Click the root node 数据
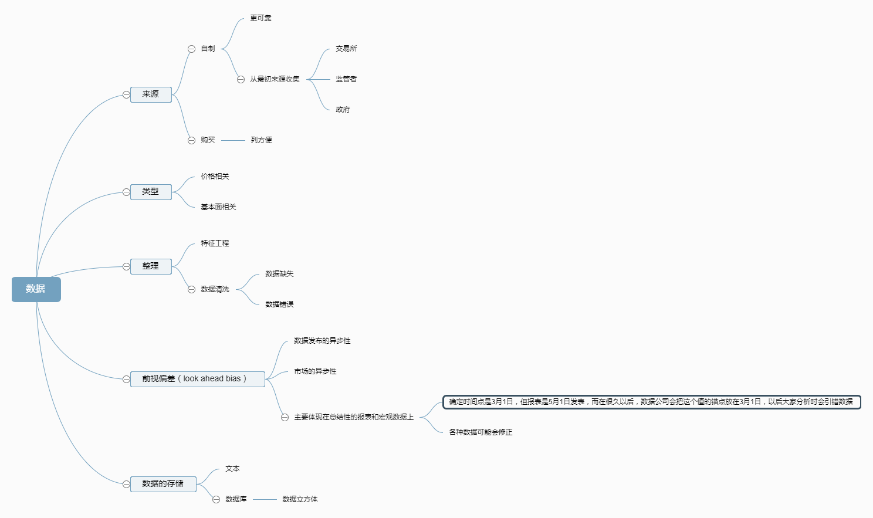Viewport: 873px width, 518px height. pyautogui.click(x=36, y=289)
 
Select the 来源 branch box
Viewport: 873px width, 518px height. pyautogui.click(x=151, y=94)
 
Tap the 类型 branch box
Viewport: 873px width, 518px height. pyautogui.click(x=151, y=191)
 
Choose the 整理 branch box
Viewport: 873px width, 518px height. pyautogui.click(x=151, y=266)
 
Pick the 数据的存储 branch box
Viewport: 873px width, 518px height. pyautogui.click(x=163, y=483)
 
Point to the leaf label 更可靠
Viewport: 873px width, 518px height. pyautogui.click(x=260, y=18)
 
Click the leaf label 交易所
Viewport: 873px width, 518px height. pyautogui.click(x=346, y=49)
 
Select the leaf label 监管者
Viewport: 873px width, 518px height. pyautogui.click(x=346, y=79)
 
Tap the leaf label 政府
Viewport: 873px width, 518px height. pyautogui.click(x=343, y=110)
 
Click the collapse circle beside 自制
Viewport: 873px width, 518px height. pyautogui.click(x=191, y=49)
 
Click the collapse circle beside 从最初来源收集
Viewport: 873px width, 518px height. pyautogui.click(x=241, y=80)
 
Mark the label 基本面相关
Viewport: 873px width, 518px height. pyautogui.click(x=218, y=207)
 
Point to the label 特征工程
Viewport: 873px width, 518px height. pyautogui.click(x=215, y=243)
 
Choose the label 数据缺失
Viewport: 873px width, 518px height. pyautogui.click(x=279, y=274)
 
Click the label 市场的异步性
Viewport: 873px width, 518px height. pyautogui.click(x=315, y=371)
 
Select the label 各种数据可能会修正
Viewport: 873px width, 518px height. pyautogui.click(x=481, y=432)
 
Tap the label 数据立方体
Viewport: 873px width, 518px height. pyautogui.click(x=300, y=499)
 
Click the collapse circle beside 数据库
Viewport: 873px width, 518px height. pyautogui.click(x=216, y=500)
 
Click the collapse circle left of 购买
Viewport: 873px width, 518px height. pyautogui.click(x=191, y=141)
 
